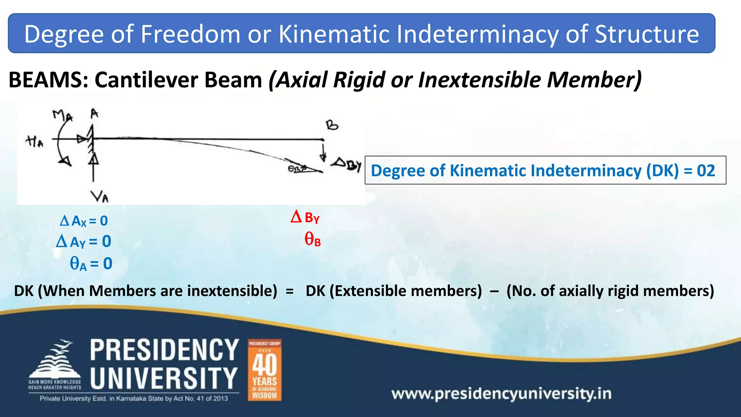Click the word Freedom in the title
190,34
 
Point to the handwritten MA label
62,116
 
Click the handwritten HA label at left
34,142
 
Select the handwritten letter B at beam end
332,125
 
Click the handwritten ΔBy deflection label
347,165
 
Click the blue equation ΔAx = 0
84,221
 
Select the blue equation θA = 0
91,264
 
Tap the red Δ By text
305,217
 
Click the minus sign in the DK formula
494,291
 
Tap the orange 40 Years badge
264,370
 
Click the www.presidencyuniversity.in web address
501,393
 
